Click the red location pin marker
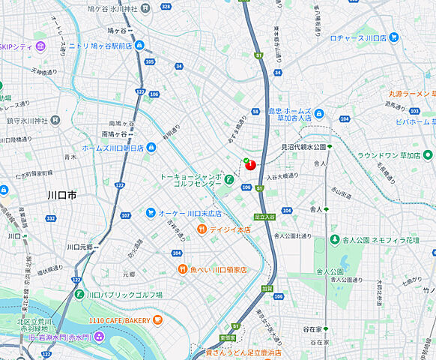tap(250, 164)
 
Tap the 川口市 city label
tap(61, 195)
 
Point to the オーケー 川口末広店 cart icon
tap(151, 213)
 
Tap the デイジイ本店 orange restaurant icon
tap(202, 229)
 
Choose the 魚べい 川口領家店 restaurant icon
tap(182, 269)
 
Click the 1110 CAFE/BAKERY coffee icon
tap(157, 320)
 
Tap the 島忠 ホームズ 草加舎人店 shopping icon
tap(319, 114)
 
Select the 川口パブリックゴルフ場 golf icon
tap(79, 295)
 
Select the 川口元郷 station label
tap(79, 247)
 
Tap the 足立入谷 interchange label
tap(264, 216)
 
